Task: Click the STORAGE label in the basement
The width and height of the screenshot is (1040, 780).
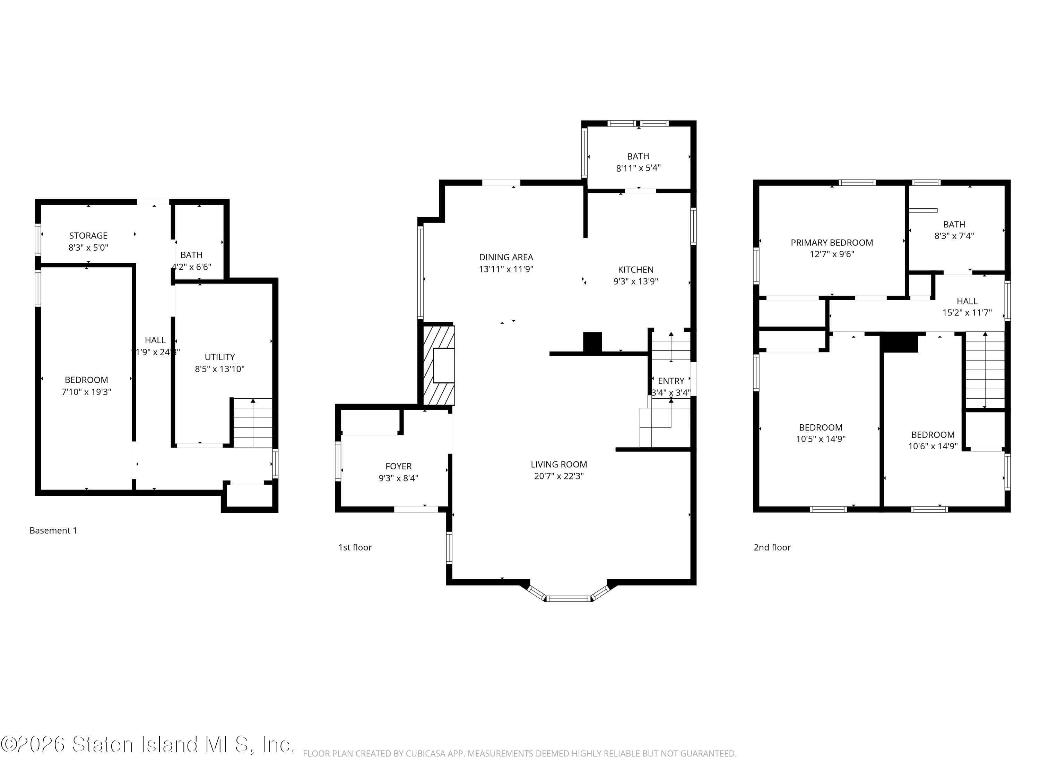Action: coord(88,235)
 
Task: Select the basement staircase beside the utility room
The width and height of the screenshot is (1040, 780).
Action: coord(253,423)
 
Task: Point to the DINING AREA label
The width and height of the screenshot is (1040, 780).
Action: coord(506,257)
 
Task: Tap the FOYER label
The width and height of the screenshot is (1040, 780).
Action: coord(398,466)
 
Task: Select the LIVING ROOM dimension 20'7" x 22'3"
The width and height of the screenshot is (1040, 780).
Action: coord(558,476)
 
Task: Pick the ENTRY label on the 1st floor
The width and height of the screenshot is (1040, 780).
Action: coord(670,381)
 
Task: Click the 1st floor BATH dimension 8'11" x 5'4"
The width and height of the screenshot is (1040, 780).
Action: coord(638,168)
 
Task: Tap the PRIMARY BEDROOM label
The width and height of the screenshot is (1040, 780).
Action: coord(831,243)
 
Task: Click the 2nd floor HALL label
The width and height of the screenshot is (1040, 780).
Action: coord(967,301)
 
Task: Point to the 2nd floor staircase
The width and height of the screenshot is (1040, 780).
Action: coord(985,370)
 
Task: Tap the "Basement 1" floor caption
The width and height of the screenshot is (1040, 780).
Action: coord(53,530)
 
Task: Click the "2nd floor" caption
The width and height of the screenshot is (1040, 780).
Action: coord(772,547)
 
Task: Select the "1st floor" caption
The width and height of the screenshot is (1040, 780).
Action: coord(355,547)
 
